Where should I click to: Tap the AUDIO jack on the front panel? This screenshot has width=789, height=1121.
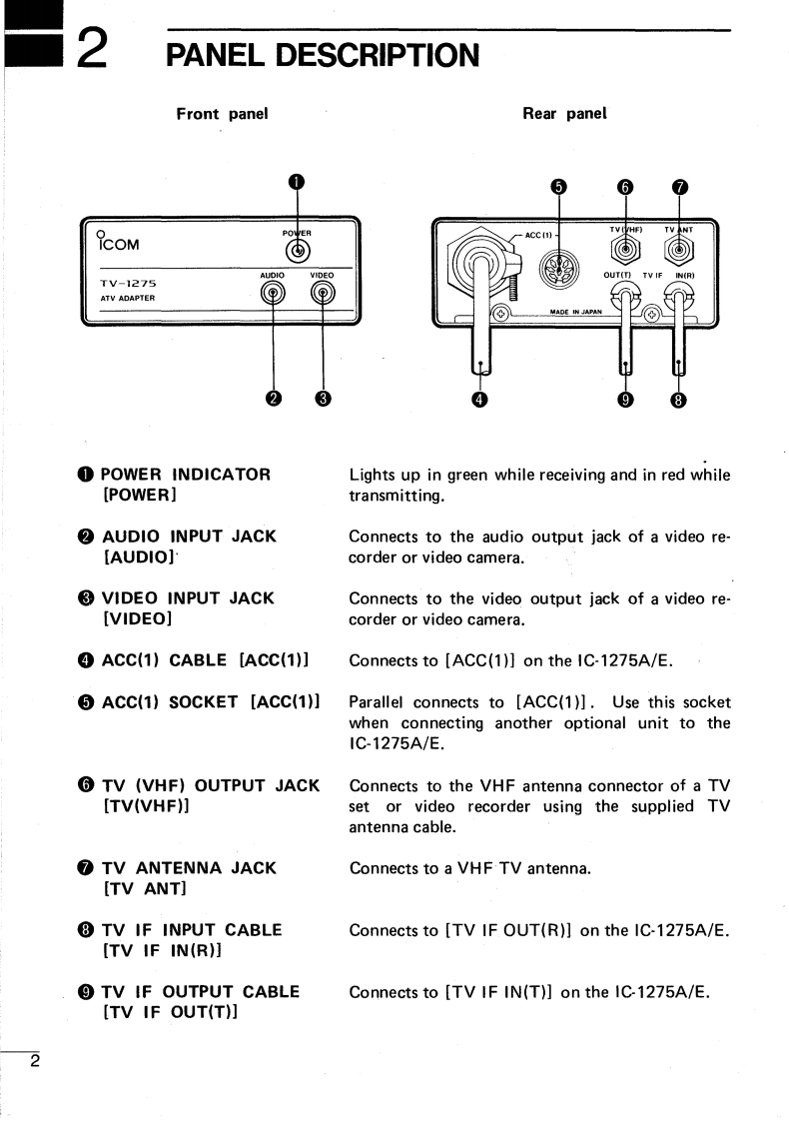tap(273, 293)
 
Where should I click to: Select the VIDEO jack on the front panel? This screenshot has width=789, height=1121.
tap(322, 293)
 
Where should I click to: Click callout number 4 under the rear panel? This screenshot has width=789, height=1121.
tap(480, 400)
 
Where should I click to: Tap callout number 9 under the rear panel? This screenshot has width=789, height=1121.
tap(626, 400)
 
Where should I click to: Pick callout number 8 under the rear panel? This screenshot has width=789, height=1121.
tap(679, 400)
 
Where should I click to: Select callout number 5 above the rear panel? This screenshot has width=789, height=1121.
tap(558, 187)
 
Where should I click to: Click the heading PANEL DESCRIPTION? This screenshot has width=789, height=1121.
tap(323, 54)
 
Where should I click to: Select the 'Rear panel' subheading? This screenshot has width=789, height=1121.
tap(564, 114)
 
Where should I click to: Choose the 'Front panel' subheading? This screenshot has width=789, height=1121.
tap(222, 114)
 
